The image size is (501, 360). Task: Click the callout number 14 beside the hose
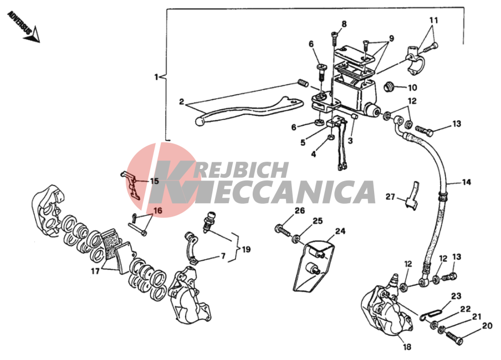[x=467, y=182]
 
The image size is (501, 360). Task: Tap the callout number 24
[x=340, y=231]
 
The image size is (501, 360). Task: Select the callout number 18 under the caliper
[x=407, y=347]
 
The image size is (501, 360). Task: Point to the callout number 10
[x=412, y=88]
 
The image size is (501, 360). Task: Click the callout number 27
[x=391, y=197]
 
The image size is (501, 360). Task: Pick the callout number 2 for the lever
[x=181, y=102]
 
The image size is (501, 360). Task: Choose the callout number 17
[x=95, y=271]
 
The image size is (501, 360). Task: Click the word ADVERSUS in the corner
[x=19, y=23]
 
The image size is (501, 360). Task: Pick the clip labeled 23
[x=431, y=313]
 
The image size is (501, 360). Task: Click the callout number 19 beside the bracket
[x=246, y=249]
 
